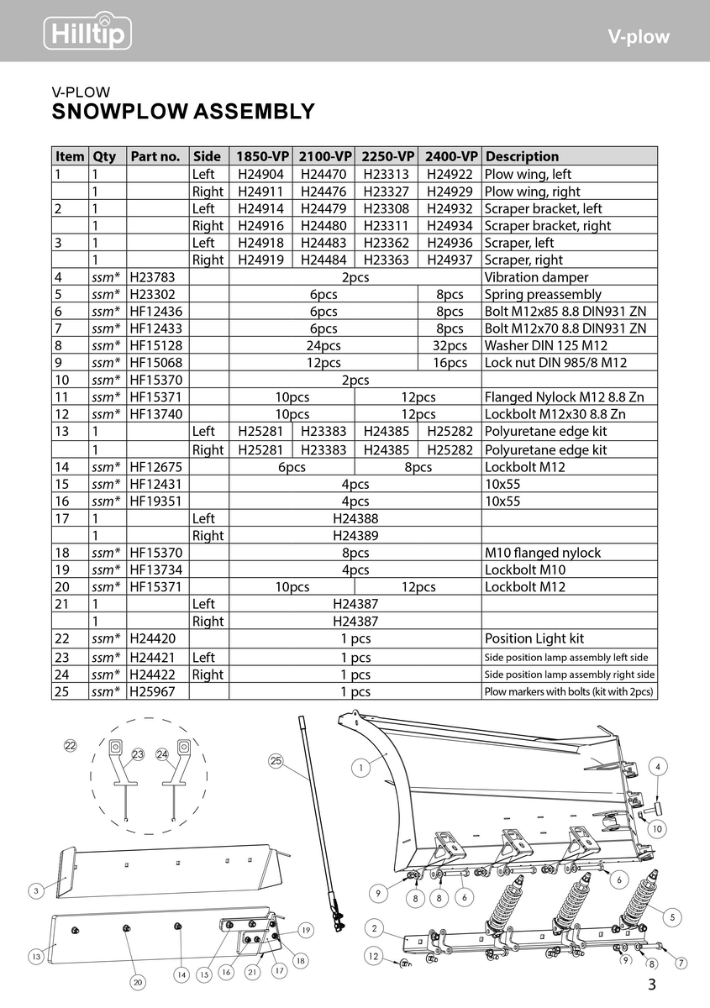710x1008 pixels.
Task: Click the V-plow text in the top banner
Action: tap(639, 37)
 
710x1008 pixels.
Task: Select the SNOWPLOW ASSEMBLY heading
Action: tap(183, 112)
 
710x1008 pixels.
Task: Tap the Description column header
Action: tap(522, 156)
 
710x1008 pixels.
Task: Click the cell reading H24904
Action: tap(260, 174)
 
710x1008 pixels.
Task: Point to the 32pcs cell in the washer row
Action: tap(450, 345)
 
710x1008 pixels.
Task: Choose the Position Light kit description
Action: tap(534, 639)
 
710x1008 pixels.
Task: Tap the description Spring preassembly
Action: tap(543, 294)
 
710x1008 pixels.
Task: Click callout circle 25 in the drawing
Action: tap(276, 761)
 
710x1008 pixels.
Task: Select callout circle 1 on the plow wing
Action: tap(360, 767)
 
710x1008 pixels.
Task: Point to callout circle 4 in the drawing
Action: tap(658, 767)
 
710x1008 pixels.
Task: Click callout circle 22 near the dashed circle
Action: tap(71, 744)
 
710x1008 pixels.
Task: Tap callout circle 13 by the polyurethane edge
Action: tap(36, 956)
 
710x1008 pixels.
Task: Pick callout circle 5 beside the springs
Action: tap(674, 918)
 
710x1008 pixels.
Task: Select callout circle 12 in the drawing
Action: tap(374, 956)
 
